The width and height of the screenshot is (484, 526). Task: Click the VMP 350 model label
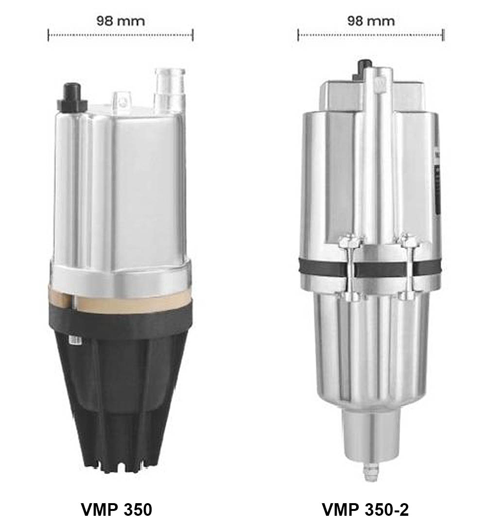(117, 509)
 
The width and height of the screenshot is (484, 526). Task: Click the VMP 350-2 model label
(365, 509)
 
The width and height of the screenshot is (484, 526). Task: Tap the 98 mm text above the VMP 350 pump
(121, 21)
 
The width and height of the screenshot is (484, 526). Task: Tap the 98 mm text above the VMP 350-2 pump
(371, 21)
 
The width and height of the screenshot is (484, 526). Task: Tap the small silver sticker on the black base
(75, 340)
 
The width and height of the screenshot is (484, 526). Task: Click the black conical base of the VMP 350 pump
(121, 386)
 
